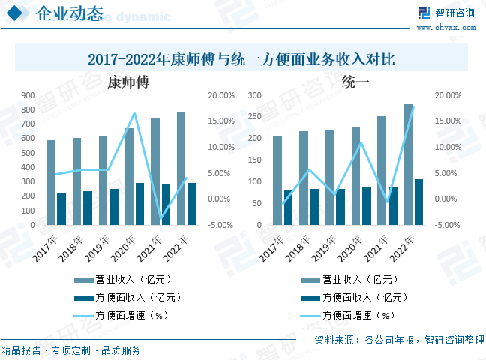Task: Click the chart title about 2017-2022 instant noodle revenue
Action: (241, 58)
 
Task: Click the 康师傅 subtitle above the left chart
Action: (128, 82)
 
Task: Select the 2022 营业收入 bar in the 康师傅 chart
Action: (181, 168)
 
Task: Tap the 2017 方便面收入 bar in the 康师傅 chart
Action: (61, 208)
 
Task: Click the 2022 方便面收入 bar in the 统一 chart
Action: (418, 202)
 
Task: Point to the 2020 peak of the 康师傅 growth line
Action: (135, 113)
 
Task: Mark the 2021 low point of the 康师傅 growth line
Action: (161, 218)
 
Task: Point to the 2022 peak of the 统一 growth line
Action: (413, 106)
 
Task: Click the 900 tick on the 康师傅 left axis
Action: (28, 96)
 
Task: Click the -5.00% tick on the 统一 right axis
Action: (447, 225)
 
